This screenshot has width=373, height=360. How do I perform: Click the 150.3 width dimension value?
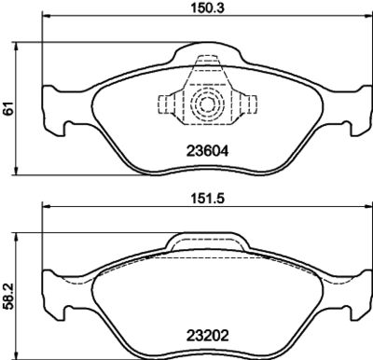click(x=208, y=7)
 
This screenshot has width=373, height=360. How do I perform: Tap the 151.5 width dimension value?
click(x=208, y=198)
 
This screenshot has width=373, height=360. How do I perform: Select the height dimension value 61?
click(x=9, y=108)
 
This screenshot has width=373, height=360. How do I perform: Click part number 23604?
click(x=208, y=151)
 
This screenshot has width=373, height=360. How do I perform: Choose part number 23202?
click(x=208, y=336)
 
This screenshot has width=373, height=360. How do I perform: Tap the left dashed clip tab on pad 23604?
click(x=165, y=104)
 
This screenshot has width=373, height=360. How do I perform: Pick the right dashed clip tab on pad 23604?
click(x=249, y=104)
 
